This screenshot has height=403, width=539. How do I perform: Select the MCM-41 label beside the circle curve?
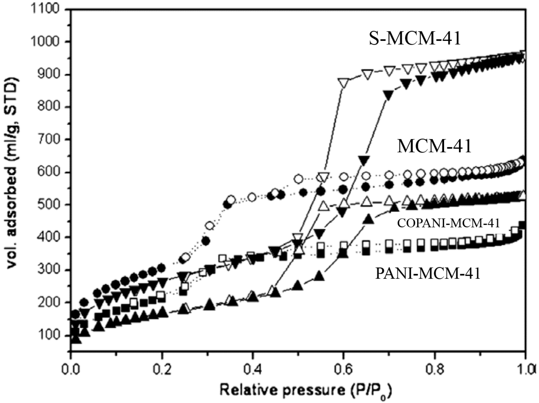click(434, 146)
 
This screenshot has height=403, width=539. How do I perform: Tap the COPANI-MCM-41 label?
click(448, 223)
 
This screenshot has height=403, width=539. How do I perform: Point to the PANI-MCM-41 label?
click(427, 273)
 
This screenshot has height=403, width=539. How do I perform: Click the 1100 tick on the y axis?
click(48, 9)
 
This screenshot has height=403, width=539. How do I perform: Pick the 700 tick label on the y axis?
click(48, 140)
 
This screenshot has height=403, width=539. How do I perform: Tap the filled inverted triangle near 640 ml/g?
click(364, 160)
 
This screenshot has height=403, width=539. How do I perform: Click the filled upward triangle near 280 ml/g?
click(319, 276)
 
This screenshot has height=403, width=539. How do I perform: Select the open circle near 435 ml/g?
click(210, 226)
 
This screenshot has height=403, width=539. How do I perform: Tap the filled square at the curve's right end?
click(522, 225)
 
